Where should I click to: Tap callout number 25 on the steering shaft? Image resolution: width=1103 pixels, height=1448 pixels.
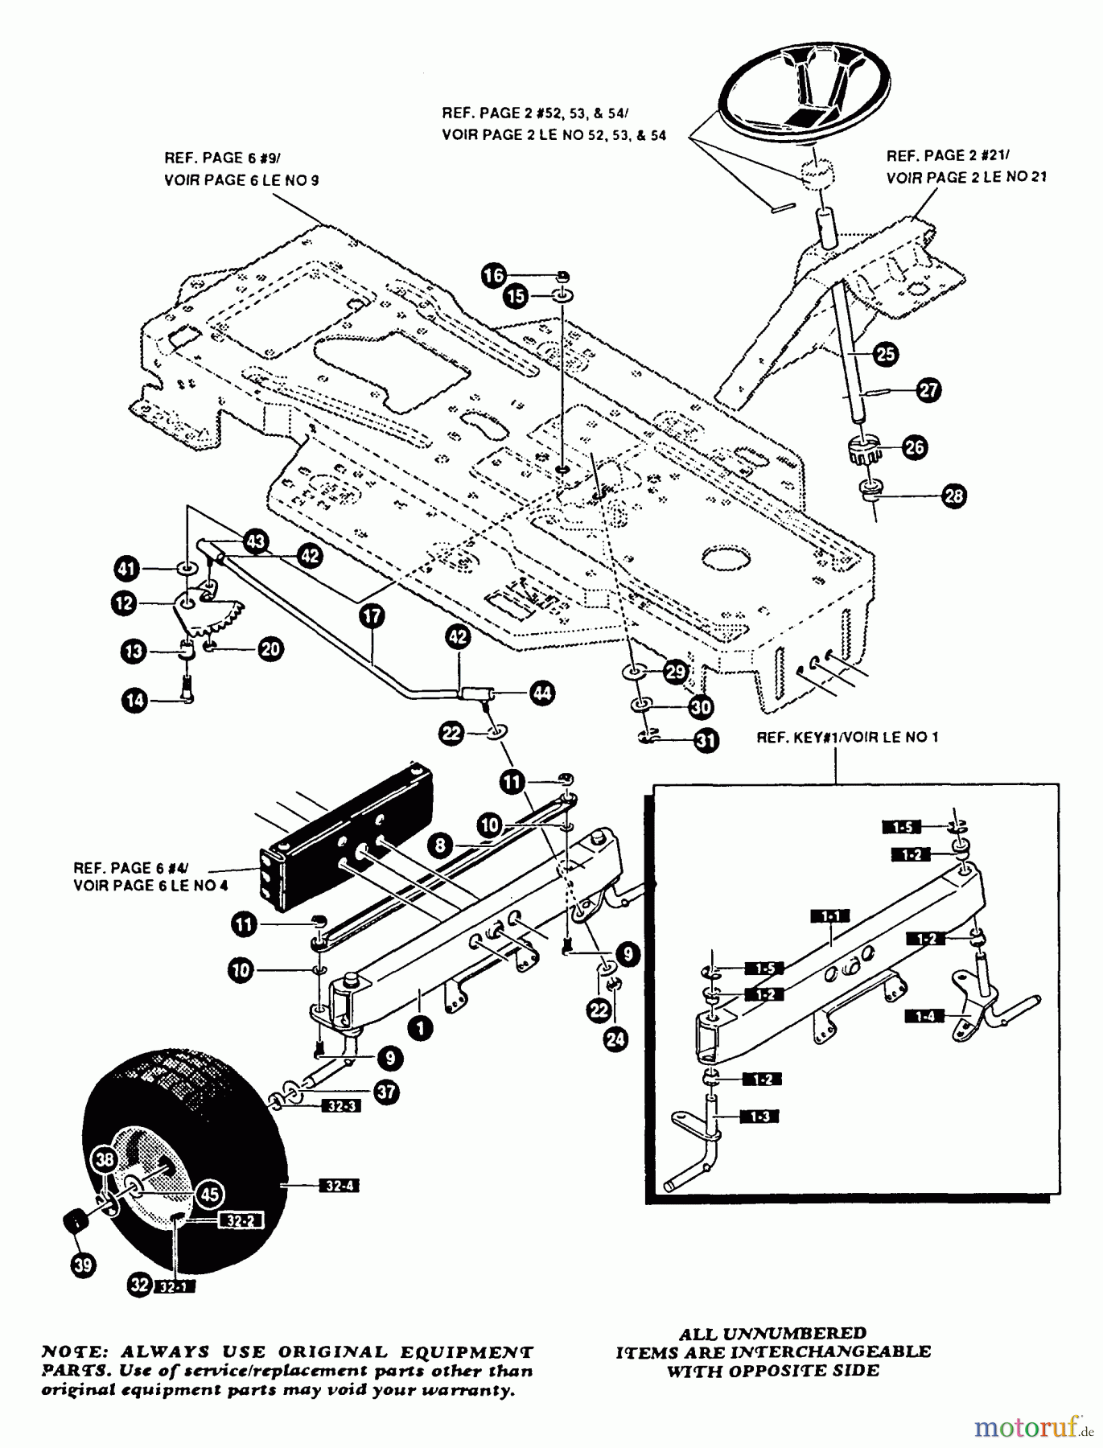point(886,354)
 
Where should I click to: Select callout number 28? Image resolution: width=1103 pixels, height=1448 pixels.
point(953,496)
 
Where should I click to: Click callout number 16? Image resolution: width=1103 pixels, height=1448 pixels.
point(494,275)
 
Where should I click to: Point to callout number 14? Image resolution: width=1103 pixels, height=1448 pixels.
point(135,700)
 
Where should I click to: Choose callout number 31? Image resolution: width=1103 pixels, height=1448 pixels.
point(706,740)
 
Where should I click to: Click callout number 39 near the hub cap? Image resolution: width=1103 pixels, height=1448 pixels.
point(83,1265)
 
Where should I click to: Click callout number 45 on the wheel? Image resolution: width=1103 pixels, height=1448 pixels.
point(210,1195)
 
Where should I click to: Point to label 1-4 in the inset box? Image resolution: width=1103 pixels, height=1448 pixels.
point(925,1016)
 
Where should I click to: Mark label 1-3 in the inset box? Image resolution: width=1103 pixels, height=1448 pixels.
point(761,1117)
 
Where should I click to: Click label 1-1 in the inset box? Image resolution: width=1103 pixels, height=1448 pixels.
point(830,916)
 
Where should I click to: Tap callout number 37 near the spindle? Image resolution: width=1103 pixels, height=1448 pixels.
point(387,1092)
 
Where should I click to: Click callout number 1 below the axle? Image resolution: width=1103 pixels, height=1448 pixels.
point(419,1027)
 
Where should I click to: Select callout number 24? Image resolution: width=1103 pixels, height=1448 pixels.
point(615,1040)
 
